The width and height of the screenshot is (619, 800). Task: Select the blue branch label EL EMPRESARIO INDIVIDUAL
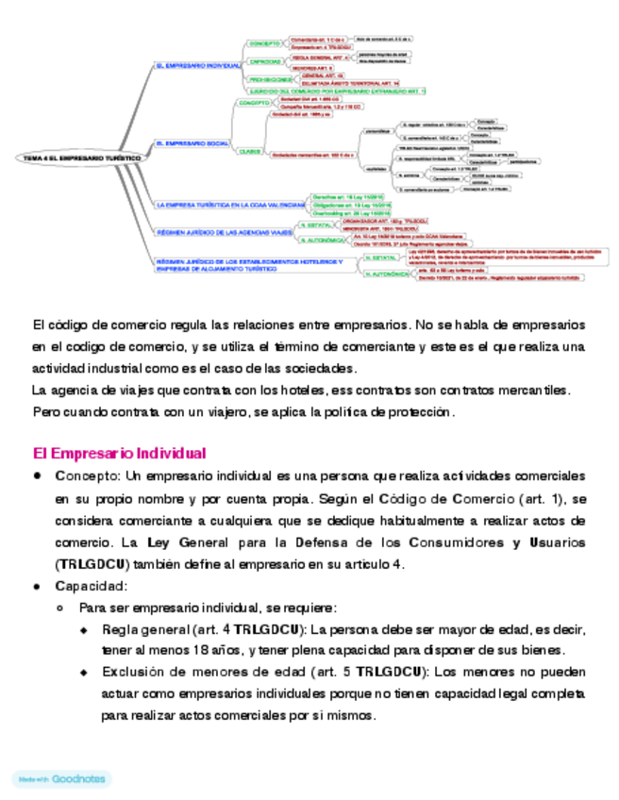coord(197,66)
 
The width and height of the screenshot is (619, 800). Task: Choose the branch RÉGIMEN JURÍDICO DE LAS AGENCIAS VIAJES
coord(224,231)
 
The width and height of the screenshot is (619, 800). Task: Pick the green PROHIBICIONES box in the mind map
coord(268,80)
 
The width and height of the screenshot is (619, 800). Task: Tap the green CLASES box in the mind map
coord(249,151)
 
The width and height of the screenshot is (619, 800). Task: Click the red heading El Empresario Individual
coord(120,453)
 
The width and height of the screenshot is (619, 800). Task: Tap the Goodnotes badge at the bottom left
coord(61,779)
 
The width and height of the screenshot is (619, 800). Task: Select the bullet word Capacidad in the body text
coord(91,586)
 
